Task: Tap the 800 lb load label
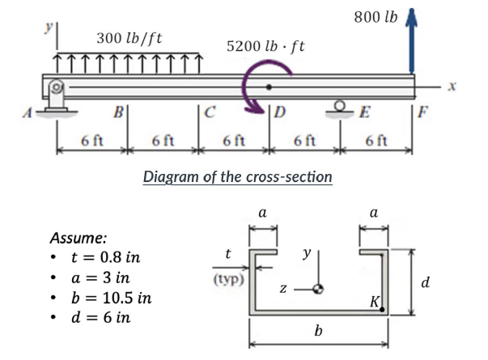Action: click(x=375, y=15)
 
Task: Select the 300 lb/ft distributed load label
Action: click(x=129, y=37)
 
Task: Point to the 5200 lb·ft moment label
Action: click(x=265, y=45)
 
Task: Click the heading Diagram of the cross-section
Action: click(x=237, y=176)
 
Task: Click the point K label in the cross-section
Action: click(x=374, y=302)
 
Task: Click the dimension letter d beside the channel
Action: click(x=426, y=281)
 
